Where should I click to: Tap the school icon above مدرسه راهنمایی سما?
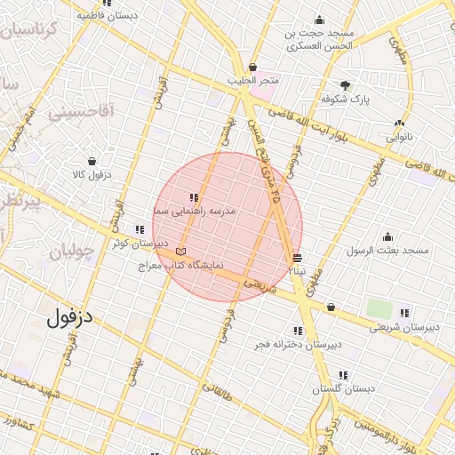pos(193,197)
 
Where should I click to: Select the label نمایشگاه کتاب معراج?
pos(180,265)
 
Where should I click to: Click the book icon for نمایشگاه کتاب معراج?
pos(180,251)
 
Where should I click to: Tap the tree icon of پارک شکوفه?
pos(345,85)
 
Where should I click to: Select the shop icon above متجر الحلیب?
pos(252,67)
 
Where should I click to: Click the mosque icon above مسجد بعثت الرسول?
pos(387,236)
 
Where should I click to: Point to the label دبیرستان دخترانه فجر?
pos(298,344)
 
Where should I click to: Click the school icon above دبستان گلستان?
pos(343,375)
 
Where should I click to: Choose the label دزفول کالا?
pos(91,175)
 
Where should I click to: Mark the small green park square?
pos(379,309)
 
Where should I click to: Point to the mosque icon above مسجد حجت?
pos(319,20)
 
